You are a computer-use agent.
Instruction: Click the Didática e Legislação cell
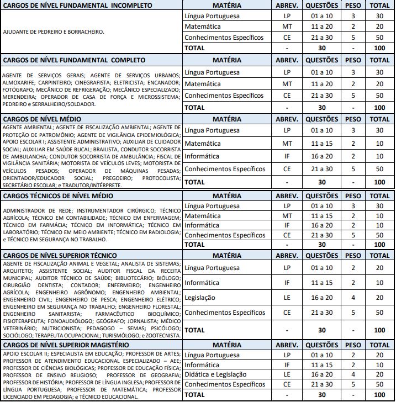tap(216, 374)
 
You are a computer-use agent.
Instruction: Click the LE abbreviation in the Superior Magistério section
tap(287, 374)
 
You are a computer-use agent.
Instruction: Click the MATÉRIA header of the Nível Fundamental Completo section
tap(226, 60)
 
